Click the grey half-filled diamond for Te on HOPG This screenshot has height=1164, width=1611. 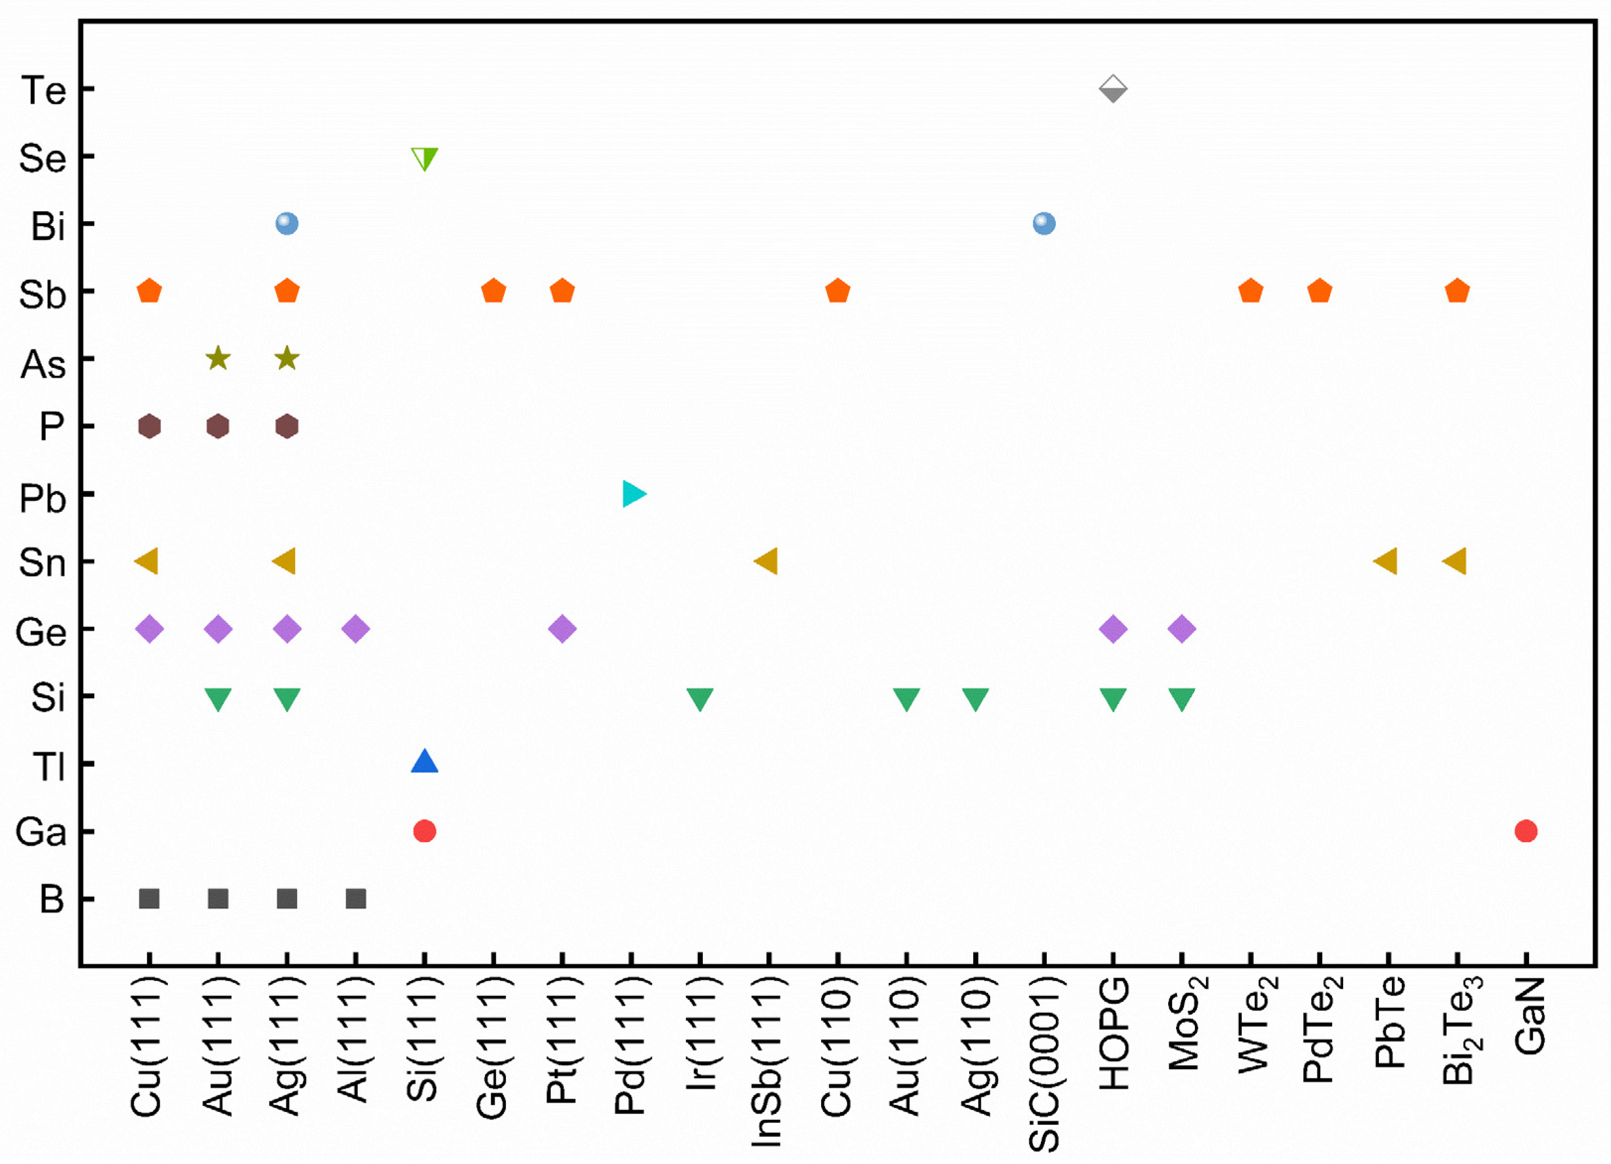click(1112, 89)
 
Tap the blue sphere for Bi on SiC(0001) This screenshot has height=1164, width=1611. click(1043, 224)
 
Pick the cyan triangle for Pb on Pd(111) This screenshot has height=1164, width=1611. click(633, 494)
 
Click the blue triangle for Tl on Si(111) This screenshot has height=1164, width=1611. click(425, 762)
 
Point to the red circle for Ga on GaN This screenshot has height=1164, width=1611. click(1526, 831)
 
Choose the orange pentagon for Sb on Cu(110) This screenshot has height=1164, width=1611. click(838, 291)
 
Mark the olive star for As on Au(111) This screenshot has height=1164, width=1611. click(218, 359)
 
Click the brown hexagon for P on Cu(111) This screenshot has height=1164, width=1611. click(149, 426)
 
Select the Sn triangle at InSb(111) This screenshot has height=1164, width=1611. click(767, 561)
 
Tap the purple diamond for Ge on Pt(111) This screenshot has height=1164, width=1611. click(562, 629)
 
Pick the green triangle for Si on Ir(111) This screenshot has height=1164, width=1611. click(700, 698)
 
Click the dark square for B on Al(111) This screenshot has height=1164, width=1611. click(356, 899)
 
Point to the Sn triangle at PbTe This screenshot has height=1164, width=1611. click(1386, 561)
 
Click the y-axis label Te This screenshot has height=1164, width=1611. click(44, 91)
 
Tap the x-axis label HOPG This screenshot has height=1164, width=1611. click(1113, 1033)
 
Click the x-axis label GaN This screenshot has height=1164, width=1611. click(1528, 1015)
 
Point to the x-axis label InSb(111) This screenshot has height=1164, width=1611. click(767, 1061)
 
